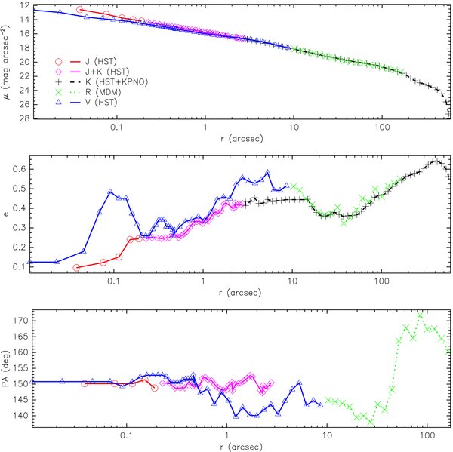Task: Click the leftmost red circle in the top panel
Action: click(x=80, y=10)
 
